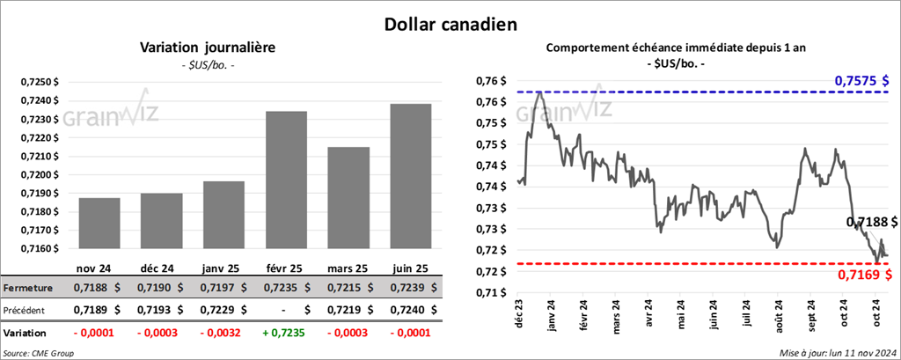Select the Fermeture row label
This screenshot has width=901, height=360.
coord(28,288)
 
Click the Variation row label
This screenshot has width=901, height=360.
coord(26,334)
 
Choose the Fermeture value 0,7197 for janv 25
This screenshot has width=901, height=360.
coord(218,288)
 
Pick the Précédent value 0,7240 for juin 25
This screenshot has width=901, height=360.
coord(407,311)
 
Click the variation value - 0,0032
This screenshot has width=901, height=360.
coord(218,334)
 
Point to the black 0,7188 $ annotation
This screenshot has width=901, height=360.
coord(871,223)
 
